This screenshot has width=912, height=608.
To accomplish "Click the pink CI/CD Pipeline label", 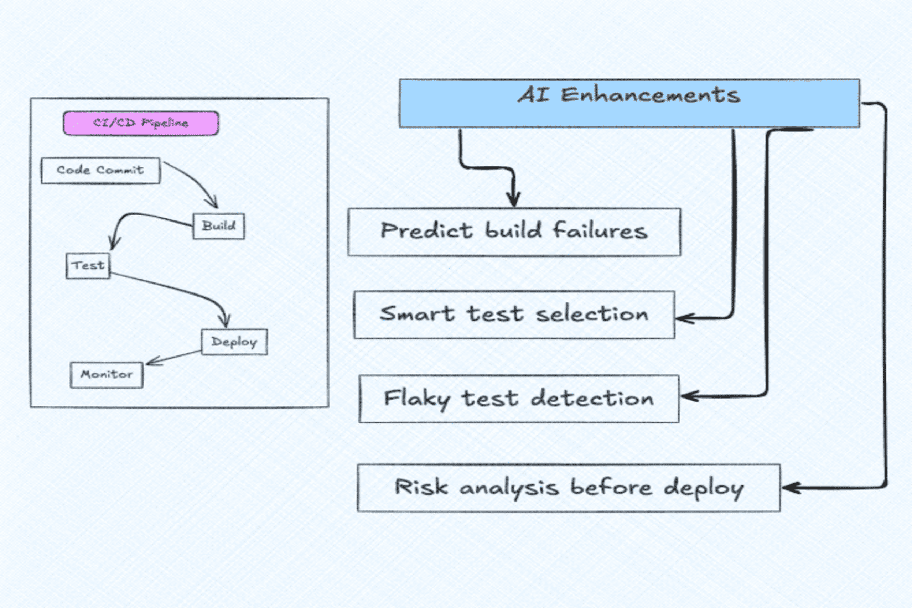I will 141,123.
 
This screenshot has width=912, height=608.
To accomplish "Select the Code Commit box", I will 100,170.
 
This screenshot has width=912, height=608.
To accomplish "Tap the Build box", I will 219,226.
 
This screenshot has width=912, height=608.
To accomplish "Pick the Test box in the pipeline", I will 88,266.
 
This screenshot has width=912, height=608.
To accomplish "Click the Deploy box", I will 234,342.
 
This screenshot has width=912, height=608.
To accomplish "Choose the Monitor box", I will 106,375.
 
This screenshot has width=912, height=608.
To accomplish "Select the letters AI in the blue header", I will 534,95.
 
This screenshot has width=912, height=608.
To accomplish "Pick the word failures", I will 600,230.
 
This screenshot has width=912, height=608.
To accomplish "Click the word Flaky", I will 417,399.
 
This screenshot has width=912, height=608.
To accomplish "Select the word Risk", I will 421,487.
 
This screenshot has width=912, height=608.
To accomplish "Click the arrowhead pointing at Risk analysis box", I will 787,488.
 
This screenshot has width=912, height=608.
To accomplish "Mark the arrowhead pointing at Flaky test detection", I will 686,396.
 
